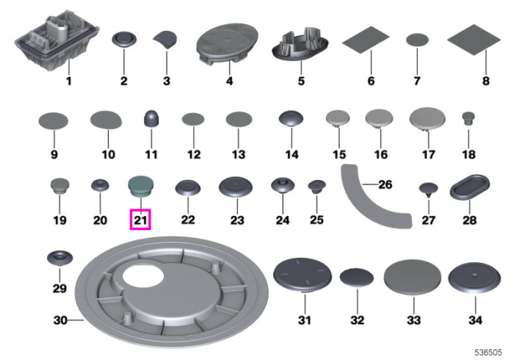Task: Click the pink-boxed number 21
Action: point(140,220)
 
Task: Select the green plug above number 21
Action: point(141,187)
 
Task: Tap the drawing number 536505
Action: point(488,353)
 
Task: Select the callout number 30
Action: point(60,320)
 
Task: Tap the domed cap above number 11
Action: point(151,118)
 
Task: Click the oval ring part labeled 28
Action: point(469,187)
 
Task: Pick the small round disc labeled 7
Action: point(417,40)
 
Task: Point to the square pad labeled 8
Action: point(474,40)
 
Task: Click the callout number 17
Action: point(428,154)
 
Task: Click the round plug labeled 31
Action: point(303,275)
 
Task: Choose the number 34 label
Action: point(475,320)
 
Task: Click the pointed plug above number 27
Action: point(428,190)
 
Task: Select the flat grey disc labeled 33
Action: point(413,278)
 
